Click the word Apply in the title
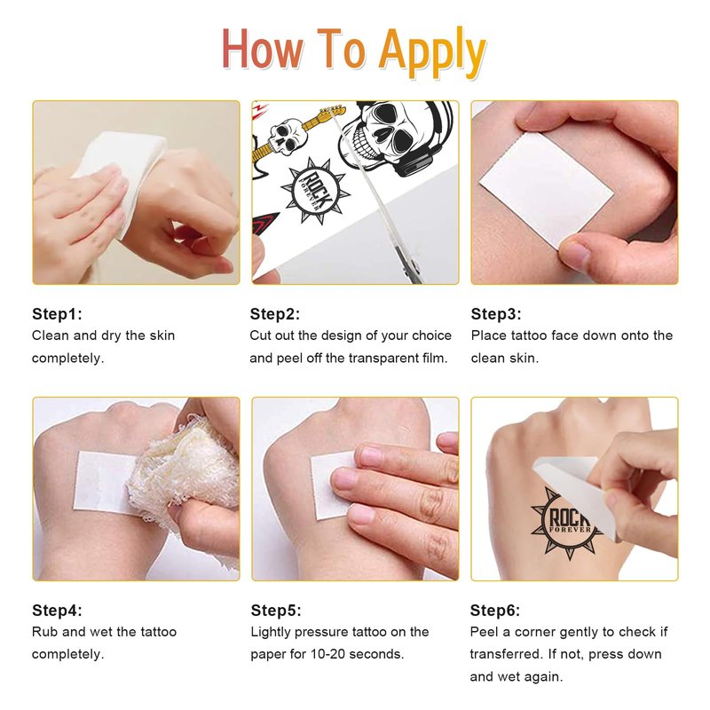[x=432, y=52]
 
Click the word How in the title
[x=263, y=49]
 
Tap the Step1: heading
[x=57, y=314]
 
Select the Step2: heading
[x=275, y=314]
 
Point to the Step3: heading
[x=496, y=314]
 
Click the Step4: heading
[x=57, y=611]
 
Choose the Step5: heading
[x=276, y=611]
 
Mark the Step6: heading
[x=495, y=611]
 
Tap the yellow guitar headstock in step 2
[x=332, y=110]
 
